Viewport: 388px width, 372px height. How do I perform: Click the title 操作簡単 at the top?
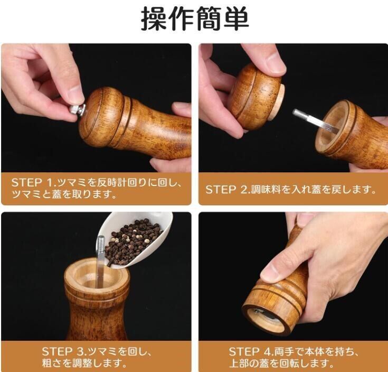click(x=195, y=18)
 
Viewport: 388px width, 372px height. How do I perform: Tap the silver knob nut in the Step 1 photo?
click(x=78, y=110)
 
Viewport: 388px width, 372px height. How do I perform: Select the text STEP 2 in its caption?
click(x=228, y=190)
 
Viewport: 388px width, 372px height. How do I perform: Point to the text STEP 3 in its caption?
click(x=63, y=351)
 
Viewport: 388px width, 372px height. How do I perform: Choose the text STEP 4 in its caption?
click(x=250, y=351)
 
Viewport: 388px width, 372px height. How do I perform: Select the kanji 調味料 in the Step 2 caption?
click(x=266, y=190)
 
